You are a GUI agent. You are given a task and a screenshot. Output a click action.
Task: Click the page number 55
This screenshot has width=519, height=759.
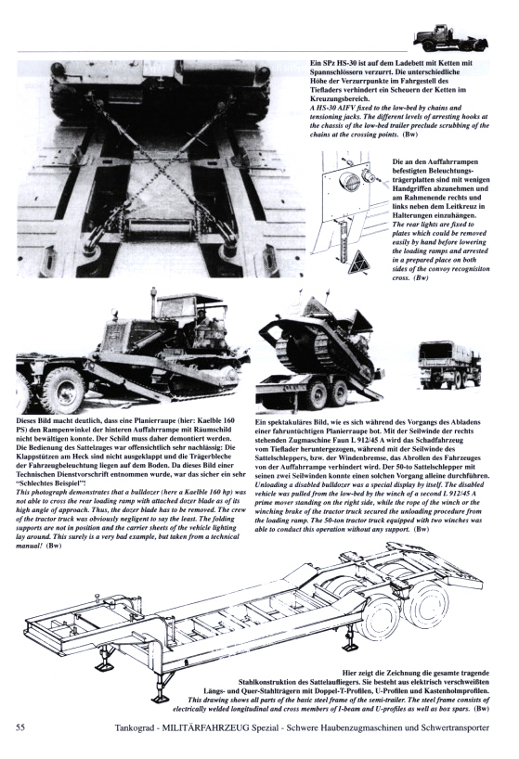20,727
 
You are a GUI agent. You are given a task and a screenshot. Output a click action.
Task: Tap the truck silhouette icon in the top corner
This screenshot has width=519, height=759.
450,38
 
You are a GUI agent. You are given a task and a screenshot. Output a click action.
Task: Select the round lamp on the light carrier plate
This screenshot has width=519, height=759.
351,182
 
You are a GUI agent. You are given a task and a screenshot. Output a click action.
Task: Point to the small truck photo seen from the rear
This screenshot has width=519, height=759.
449,363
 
